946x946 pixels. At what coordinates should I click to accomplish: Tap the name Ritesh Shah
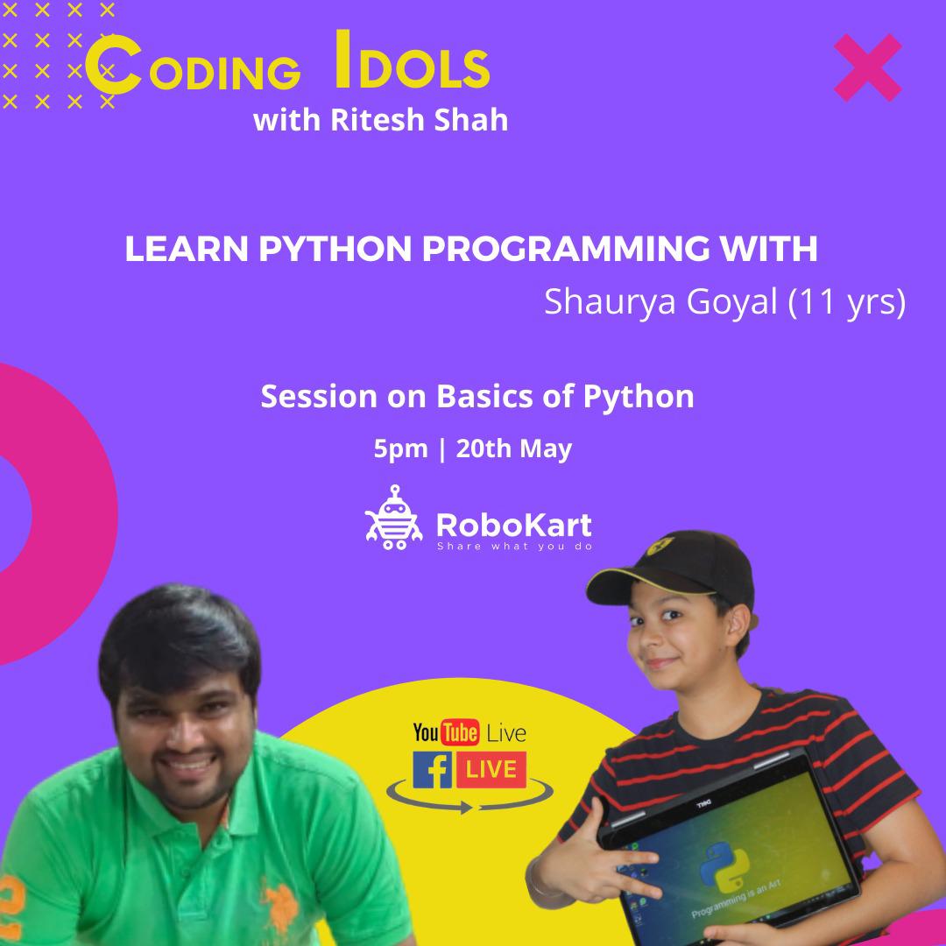(x=420, y=120)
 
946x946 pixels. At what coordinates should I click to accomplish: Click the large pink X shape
(x=867, y=67)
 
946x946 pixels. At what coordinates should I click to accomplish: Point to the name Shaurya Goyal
(x=662, y=302)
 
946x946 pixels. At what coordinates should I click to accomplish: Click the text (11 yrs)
(x=847, y=303)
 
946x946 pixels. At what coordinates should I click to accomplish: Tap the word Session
(x=319, y=397)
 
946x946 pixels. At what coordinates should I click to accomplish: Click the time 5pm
(x=400, y=449)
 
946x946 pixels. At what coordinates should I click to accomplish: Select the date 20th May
(x=514, y=449)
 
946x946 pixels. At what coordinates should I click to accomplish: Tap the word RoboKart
(x=513, y=525)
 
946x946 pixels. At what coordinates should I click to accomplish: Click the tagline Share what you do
(x=514, y=547)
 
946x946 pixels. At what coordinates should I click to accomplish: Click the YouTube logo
(x=445, y=732)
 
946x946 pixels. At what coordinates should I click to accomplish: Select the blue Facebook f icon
(x=433, y=770)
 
